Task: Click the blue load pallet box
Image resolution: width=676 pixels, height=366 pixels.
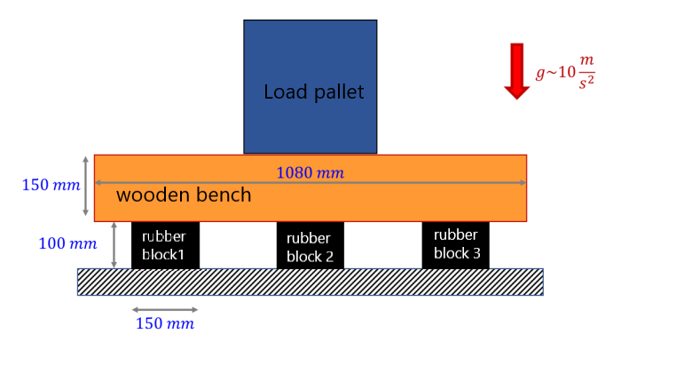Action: click(x=310, y=53)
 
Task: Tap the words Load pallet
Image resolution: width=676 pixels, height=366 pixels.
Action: click(x=313, y=92)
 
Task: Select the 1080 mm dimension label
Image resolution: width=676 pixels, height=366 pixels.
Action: click(x=310, y=172)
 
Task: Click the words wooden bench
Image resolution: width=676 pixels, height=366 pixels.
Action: click(x=184, y=195)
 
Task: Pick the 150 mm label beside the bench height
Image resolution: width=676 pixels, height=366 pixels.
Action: click(x=50, y=186)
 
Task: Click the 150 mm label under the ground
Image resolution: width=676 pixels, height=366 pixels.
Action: click(x=164, y=324)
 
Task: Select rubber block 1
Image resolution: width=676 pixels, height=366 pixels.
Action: click(x=165, y=245)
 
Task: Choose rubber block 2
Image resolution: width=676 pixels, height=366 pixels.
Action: click(x=310, y=246)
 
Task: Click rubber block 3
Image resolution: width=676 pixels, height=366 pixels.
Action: click(x=455, y=244)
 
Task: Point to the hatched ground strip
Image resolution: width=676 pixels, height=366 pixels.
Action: click(x=310, y=282)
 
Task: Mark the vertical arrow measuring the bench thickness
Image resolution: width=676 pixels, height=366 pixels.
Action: click(x=86, y=187)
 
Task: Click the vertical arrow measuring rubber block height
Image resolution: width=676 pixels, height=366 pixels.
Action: click(x=114, y=245)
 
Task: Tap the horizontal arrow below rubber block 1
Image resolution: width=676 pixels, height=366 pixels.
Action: click(x=165, y=310)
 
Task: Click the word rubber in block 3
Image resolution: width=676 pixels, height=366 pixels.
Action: click(x=455, y=235)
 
